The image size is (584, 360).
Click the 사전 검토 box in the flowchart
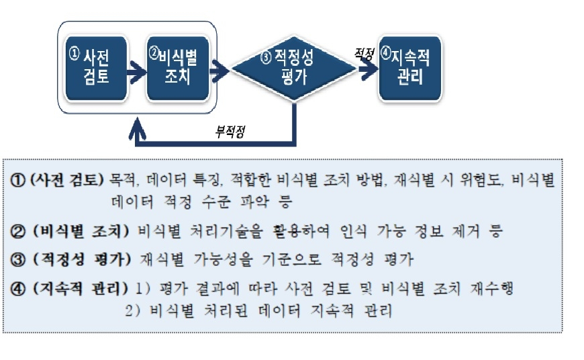(96, 69)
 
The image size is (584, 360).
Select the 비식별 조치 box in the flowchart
(178, 69)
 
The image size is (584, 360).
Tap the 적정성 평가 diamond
(293, 69)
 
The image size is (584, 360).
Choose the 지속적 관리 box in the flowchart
(410, 69)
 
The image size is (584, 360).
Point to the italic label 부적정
(230, 131)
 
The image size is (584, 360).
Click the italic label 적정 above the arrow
(364, 54)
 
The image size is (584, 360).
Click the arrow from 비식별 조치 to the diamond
(220, 71)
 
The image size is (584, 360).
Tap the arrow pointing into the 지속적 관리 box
(369, 69)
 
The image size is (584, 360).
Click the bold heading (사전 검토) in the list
(66, 180)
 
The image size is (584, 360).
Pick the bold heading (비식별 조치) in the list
(81, 231)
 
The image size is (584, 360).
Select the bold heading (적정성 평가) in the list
(82, 259)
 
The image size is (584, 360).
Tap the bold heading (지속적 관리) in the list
(80, 288)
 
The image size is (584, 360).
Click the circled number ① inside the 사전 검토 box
(74, 53)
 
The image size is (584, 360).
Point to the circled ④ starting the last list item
(17, 289)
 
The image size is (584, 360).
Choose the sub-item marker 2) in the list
(133, 310)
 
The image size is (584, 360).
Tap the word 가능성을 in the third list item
(223, 259)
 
